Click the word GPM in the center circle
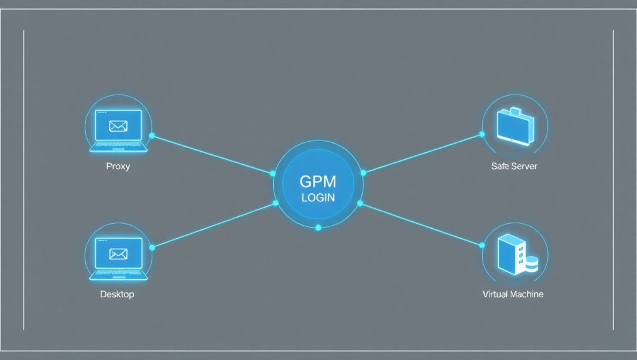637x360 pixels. pyautogui.click(x=318, y=182)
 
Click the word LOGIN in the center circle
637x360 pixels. pyautogui.click(x=318, y=198)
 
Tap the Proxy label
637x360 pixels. pyautogui.click(x=118, y=167)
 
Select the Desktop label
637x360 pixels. pyautogui.click(x=117, y=294)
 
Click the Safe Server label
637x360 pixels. pyautogui.click(x=514, y=166)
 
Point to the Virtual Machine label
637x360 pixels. pyautogui.click(x=513, y=294)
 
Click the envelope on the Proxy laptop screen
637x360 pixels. pyautogui.click(x=118, y=126)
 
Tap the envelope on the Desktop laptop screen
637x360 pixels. pyautogui.click(x=118, y=254)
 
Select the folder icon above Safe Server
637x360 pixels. pyautogui.click(x=515, y=126)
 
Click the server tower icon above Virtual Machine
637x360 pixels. pyautogui.click(x=512, y=254)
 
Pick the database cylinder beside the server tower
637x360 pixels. pyautogui.click(x=531, y=264)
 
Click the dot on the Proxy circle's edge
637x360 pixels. pyautogui.click(x=152, y=136)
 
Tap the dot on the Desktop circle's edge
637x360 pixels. pyautogui.click(x=152, y=247)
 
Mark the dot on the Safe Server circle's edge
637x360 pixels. pyautogui.click(x=482, y=134)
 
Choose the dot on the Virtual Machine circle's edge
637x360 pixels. pyautogui.click(x=482, y=245)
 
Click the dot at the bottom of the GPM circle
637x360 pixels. pyautogui.click(x=318, y=228)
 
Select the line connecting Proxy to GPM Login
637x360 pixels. pyautogui.click(x=212, y=154)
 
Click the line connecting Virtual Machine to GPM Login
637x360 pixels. pyautogui.click(x=421, y=224)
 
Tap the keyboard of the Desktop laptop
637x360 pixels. pyautogui.click(x=118, y=274)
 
